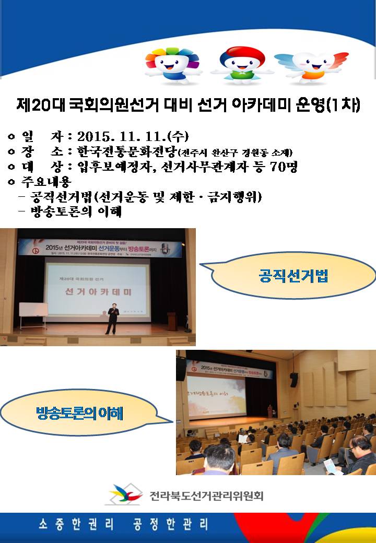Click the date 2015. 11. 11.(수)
[x=132, y=137]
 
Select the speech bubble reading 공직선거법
[x=293, y=275]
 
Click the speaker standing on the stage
[x=112, y=318]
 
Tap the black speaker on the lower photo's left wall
[x=181, y=369]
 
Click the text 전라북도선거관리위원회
[x=206, y=495]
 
